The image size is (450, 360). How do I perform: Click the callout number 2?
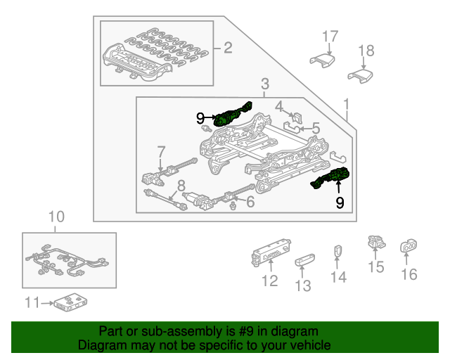[227, 49]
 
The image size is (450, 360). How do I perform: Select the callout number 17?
[330, 35]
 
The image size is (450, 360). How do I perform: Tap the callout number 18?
[366, 50]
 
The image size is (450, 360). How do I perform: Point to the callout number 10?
[56, 217]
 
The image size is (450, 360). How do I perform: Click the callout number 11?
[31, 304]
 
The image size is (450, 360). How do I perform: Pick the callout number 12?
[270, 282]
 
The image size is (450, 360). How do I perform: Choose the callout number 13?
[302, 285]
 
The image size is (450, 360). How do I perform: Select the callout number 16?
[409, 274]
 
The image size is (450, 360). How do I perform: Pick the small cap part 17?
[321, 59]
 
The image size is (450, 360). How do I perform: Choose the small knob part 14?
[337, 251]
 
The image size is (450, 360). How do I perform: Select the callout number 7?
[161, 151]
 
